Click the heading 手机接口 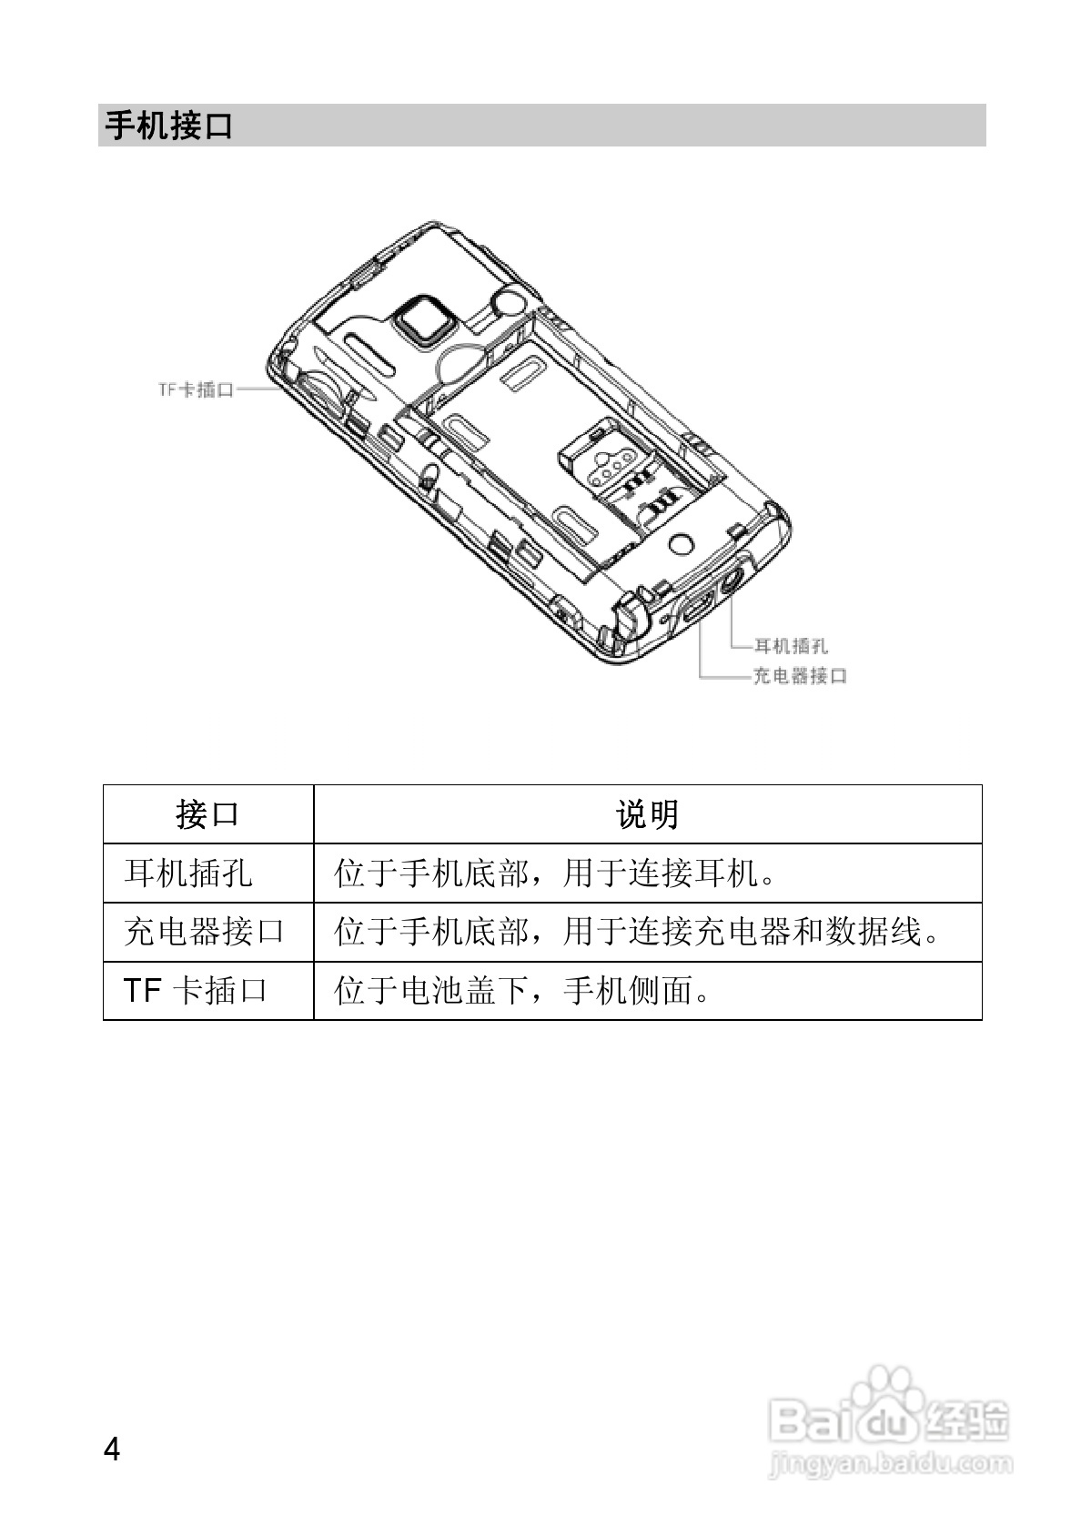tap(169, 126)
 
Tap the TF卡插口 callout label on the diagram tap(197, 389)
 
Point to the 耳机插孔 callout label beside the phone tap(791, 646)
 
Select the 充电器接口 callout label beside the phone tap(800, 676)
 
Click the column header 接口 tap(207, 813)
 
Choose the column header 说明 tap(647, 813)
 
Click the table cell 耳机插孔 tap(188, 874)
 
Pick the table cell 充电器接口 tap(205, 932)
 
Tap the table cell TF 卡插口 tap(196, 990)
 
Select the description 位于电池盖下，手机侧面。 tap(523, 990)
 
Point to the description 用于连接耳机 tap(556, 874)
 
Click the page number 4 tap(112, 1449)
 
